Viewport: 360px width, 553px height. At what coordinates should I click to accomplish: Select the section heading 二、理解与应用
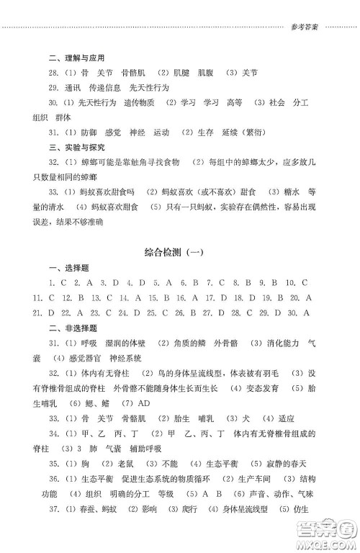[x=72, y=58]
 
